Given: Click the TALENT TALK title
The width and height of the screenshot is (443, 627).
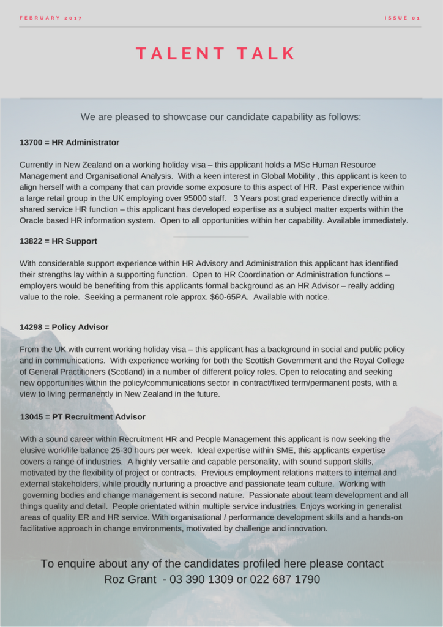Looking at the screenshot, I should click(216, 54).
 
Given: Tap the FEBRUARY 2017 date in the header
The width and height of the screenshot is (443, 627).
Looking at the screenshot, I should click(51, 18).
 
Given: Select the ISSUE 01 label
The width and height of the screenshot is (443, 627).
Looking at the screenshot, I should click(402, 18).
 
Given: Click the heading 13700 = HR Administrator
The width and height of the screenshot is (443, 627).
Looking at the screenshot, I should click(69, 143).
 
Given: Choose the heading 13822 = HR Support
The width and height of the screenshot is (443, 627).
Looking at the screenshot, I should click(58, 241).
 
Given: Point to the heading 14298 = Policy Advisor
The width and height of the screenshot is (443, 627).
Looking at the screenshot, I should click(64, 327).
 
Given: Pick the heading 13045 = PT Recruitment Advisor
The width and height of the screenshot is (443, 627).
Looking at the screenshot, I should click(83, 417).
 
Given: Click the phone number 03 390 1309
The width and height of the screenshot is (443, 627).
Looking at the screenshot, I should click(201, 579).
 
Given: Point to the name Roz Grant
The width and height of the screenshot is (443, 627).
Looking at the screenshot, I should click(130, 579).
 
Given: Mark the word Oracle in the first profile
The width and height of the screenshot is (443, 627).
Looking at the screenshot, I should click(33, 220).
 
